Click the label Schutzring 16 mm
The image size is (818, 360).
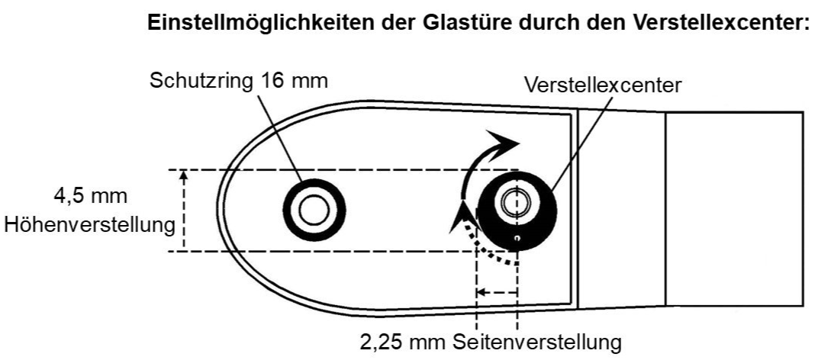[239, 81]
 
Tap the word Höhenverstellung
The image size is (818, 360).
[89, 226]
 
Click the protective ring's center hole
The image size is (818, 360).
[313, 209]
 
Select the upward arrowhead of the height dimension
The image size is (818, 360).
[183, 176]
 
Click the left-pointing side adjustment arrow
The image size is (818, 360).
[483, 291]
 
